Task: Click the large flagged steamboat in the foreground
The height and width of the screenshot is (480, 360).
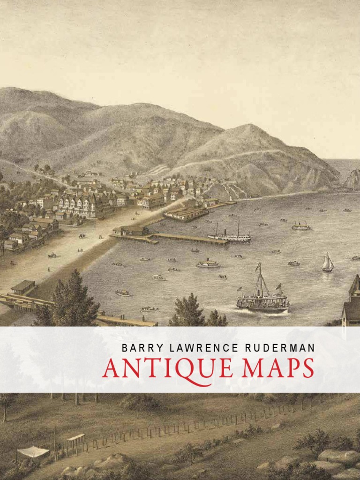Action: tap(262, 298)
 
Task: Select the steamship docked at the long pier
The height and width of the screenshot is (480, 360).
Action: tap(229, 236)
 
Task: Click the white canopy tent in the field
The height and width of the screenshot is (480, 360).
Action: tap(33, 452)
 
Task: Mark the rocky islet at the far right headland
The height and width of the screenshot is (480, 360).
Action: tap(352, 180)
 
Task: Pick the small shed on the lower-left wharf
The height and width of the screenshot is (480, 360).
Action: tap(23, 287)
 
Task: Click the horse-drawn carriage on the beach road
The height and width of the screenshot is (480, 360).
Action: tap(52, 255)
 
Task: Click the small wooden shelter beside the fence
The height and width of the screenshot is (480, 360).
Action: tap(76, 439)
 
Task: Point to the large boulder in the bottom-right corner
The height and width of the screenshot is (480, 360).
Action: tap(338, 457)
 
